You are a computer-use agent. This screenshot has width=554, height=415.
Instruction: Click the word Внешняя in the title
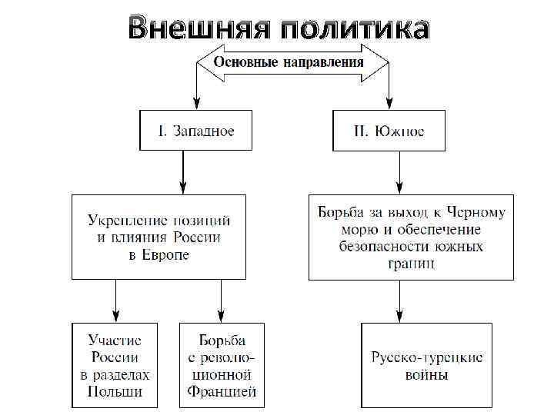click(x=199, y=29)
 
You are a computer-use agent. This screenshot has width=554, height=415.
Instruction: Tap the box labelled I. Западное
click(x=197, y=130)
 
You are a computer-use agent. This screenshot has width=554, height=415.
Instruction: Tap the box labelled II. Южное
click(x=389, y=130)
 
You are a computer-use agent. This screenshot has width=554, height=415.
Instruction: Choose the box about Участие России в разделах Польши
click(x=115, y=365)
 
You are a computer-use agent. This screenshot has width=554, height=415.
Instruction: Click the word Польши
click(x=115, y=392)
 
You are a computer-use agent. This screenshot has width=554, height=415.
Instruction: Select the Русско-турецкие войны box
click(x=426, y=365)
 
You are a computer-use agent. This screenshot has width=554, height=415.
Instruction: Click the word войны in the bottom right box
click(x=426, y=375)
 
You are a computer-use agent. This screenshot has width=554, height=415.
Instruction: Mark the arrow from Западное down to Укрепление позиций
click(x=183, y=171)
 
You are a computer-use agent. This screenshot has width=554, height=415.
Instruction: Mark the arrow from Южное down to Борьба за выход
click(x=399, y=171)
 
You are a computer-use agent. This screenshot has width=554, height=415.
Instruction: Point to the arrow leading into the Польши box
click(x=115, y=300)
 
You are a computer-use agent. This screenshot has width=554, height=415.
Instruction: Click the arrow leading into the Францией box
click(x=221, y=300)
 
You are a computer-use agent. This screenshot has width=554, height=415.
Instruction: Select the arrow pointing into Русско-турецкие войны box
click(x=399, y=300)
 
